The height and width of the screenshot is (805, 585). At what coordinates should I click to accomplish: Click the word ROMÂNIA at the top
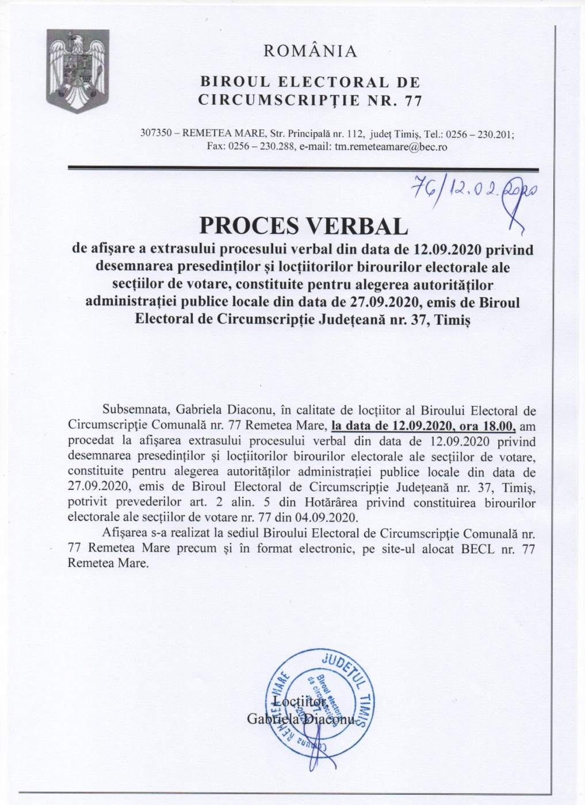pyautogui.click(x=309, y=52)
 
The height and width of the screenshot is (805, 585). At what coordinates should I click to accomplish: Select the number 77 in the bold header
pyautogui.click(x=413, y=101)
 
